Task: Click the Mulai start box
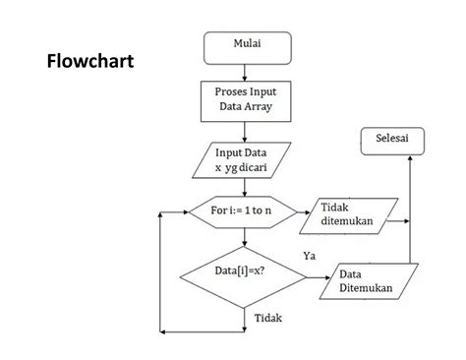coord(247,45)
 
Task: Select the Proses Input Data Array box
coord(247,99)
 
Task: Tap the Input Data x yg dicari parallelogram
coord(247,160)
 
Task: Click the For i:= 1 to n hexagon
coord(245,211)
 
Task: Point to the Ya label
coord(310,255)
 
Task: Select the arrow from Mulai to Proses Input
coord(247,69)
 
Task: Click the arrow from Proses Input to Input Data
coord(247,130)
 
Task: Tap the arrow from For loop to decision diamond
coord(245,236)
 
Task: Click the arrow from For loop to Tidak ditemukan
coord(300,211)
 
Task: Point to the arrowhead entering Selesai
coord(410,160)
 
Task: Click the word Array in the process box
coord(259,107)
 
